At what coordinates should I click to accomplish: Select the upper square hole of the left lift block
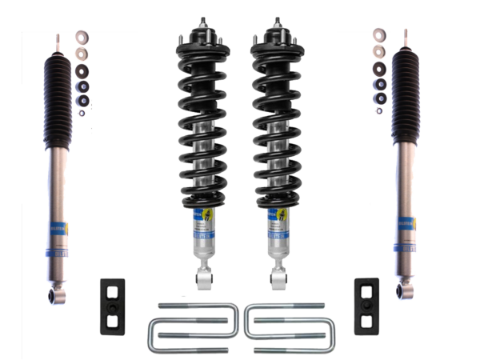tap(110, 293)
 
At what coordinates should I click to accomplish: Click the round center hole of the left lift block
tap(110, 307)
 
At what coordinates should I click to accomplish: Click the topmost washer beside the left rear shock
tap(82, 37)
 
